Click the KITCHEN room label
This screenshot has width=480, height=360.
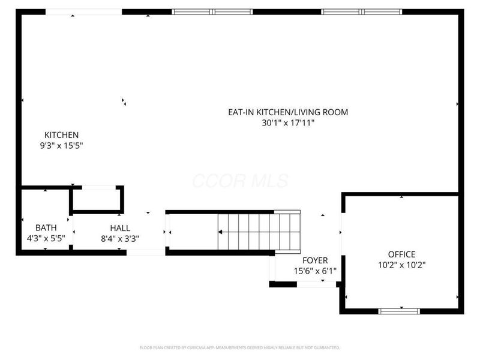click(61, 135)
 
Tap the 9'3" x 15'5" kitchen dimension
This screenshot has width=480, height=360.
click(61, 145)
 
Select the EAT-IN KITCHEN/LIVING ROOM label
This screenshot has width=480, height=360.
click(287, 112)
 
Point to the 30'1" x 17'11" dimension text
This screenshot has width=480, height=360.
click(287, 122)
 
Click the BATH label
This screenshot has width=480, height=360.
click(46, 228)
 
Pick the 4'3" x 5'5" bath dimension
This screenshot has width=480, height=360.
click(46, 238)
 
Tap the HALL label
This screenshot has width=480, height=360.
click(119, 228)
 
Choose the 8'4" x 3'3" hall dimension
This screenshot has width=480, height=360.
click(119, 238)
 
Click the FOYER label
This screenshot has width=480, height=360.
click(314, 260)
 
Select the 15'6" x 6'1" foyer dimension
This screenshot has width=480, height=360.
click(314, 271)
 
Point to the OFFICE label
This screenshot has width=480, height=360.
click(401, 254)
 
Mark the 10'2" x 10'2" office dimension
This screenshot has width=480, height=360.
click(401, 265)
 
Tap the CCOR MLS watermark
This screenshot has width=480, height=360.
click(240, 181)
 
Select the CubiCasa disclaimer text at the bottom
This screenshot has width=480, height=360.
click(239, 347)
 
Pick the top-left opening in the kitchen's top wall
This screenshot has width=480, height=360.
click(83, 11)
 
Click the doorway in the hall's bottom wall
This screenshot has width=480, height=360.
click(145, 253)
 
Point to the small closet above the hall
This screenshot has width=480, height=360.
click(97, 199)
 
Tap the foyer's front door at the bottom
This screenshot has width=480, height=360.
click(317, 284)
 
